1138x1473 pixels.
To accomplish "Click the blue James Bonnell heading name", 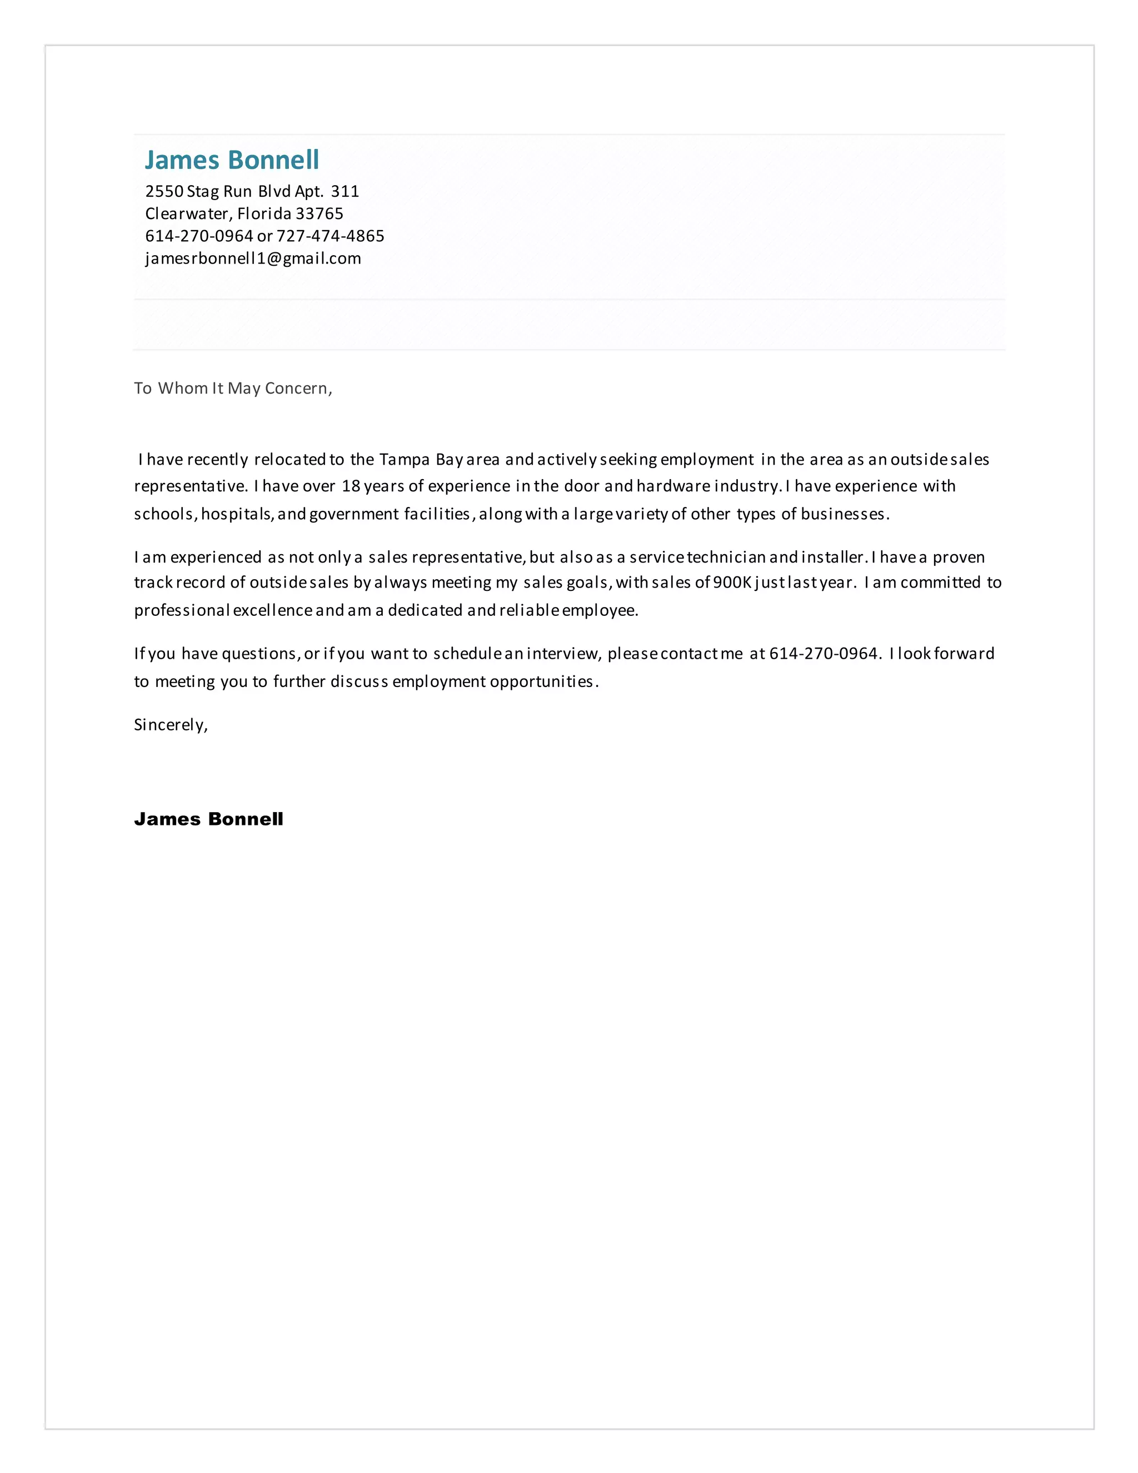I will click(232, 160).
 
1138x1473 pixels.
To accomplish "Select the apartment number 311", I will click(345, 192).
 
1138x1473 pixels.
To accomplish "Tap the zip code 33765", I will click(320, 214).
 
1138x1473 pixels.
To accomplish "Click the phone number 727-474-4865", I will click(331, 236).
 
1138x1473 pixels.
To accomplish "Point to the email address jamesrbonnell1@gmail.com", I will click(253, 258).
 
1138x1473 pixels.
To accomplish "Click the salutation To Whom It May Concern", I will click(233, 389).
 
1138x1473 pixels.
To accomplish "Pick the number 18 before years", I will click(351, 486).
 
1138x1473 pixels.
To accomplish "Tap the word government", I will click(354, 515).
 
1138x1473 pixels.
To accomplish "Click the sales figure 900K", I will click(731, 583).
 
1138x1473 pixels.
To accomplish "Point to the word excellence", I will click(272, 610).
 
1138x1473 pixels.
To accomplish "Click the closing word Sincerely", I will click(170, 725).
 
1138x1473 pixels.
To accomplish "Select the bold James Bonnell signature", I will click(208, 819).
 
